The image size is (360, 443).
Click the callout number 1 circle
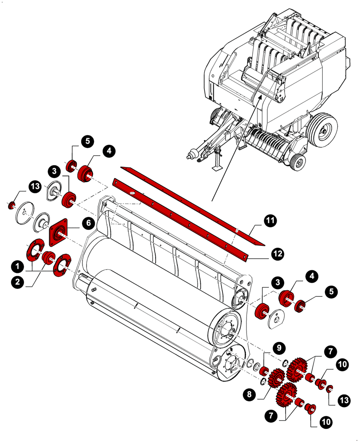[17, 266]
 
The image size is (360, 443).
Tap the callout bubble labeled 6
[88, 223]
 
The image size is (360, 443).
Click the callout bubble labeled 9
[279, 347]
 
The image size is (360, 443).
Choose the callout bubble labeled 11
[270, 220]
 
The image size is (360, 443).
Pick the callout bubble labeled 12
[278, 253]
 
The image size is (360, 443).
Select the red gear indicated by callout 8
[276, 378]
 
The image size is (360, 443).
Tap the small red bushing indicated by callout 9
[264, 370]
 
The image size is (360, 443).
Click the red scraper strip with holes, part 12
[177, 218]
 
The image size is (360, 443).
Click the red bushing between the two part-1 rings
[48, 257]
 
